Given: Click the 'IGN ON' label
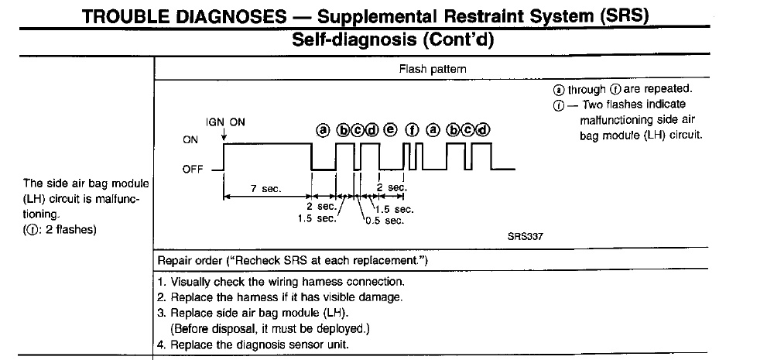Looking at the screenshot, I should click(225, 122).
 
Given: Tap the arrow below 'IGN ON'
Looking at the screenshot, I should click(224, 136).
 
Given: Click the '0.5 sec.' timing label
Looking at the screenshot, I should click(383, 221).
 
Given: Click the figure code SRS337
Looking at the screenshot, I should click(524, 237).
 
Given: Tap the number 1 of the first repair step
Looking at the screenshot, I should click(160, 283).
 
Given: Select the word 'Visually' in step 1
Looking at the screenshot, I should click(191, 283).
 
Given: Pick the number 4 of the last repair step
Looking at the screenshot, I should click(160, 344).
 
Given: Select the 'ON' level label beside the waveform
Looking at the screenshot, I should click(190, 140).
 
